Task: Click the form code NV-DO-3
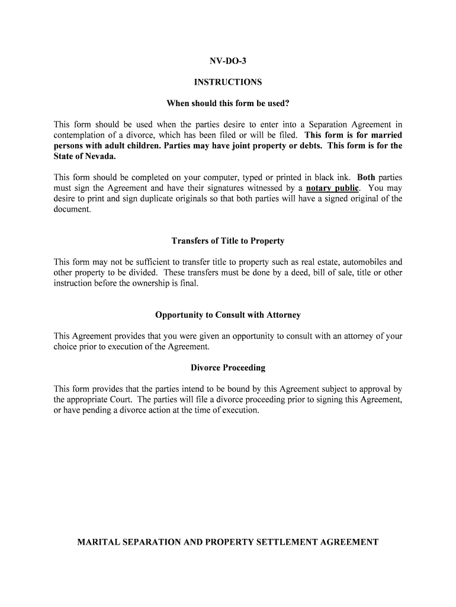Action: pyautogui.click(x=228, y=62)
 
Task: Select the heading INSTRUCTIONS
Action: pyautogui.click(x=228, y=82)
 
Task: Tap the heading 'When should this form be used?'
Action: pyautogui.click(x=228, y=104)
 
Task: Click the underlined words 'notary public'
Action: pyautogui.click(x=332, y=189)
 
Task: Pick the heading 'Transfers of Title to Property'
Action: pyautogui.click(x=228, y=241)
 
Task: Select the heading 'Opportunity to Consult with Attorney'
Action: pyautogui.click(x=228, y=315)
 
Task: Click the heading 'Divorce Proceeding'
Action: pyautogui.click(x=228, y=368)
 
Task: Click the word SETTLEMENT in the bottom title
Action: pyautogui.click(x=282, y=542)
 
